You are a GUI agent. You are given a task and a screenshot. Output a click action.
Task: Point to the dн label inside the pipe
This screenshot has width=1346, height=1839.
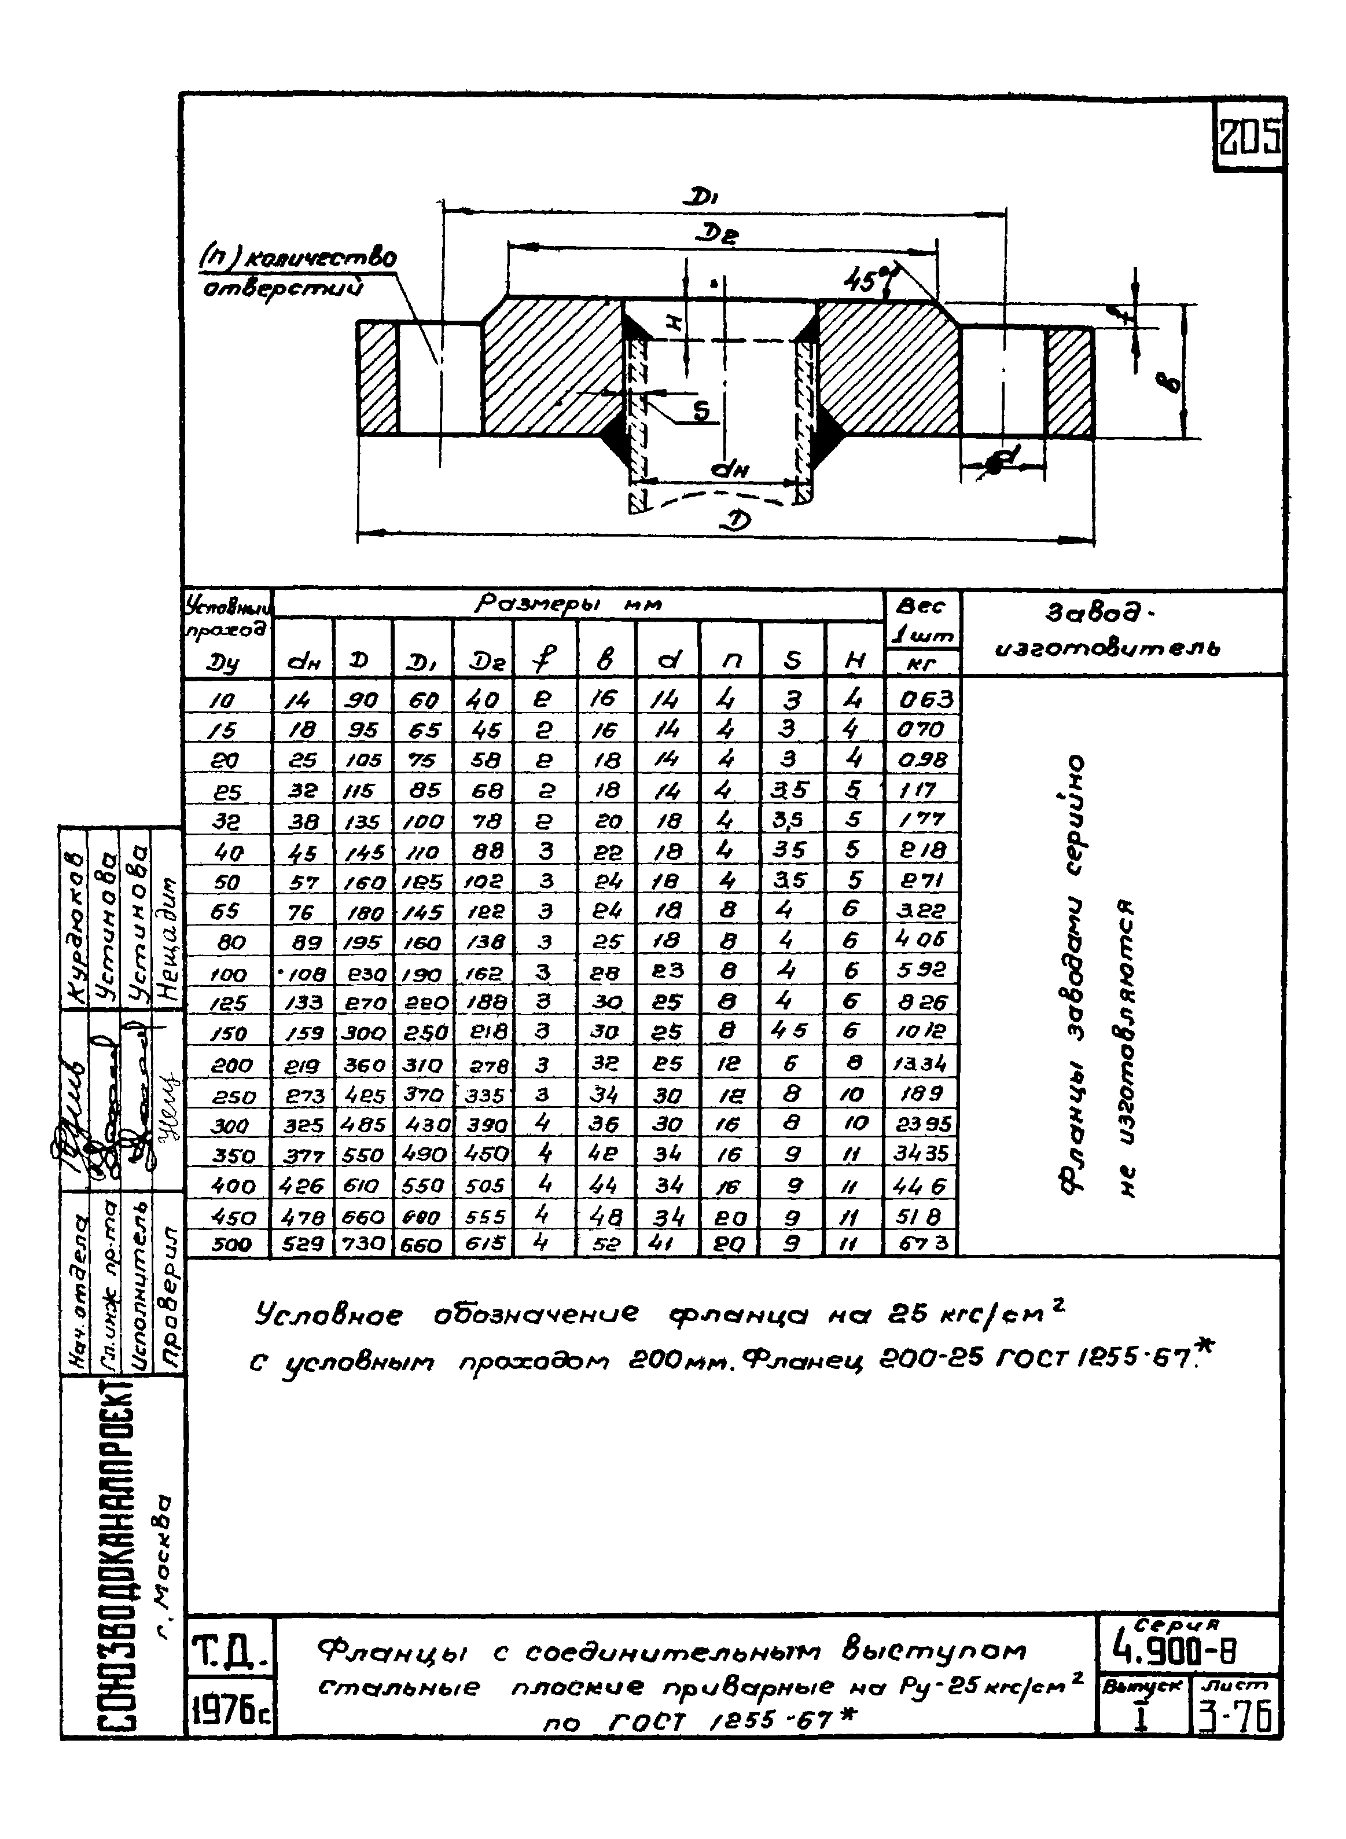click(729, 469)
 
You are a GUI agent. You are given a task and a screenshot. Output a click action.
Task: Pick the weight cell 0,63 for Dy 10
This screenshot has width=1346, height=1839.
click(924, 700)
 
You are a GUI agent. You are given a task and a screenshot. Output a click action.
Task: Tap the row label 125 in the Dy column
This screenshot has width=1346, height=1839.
click(227, 1003)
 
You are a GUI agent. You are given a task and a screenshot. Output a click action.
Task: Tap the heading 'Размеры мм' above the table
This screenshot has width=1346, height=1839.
click(568, 604)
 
